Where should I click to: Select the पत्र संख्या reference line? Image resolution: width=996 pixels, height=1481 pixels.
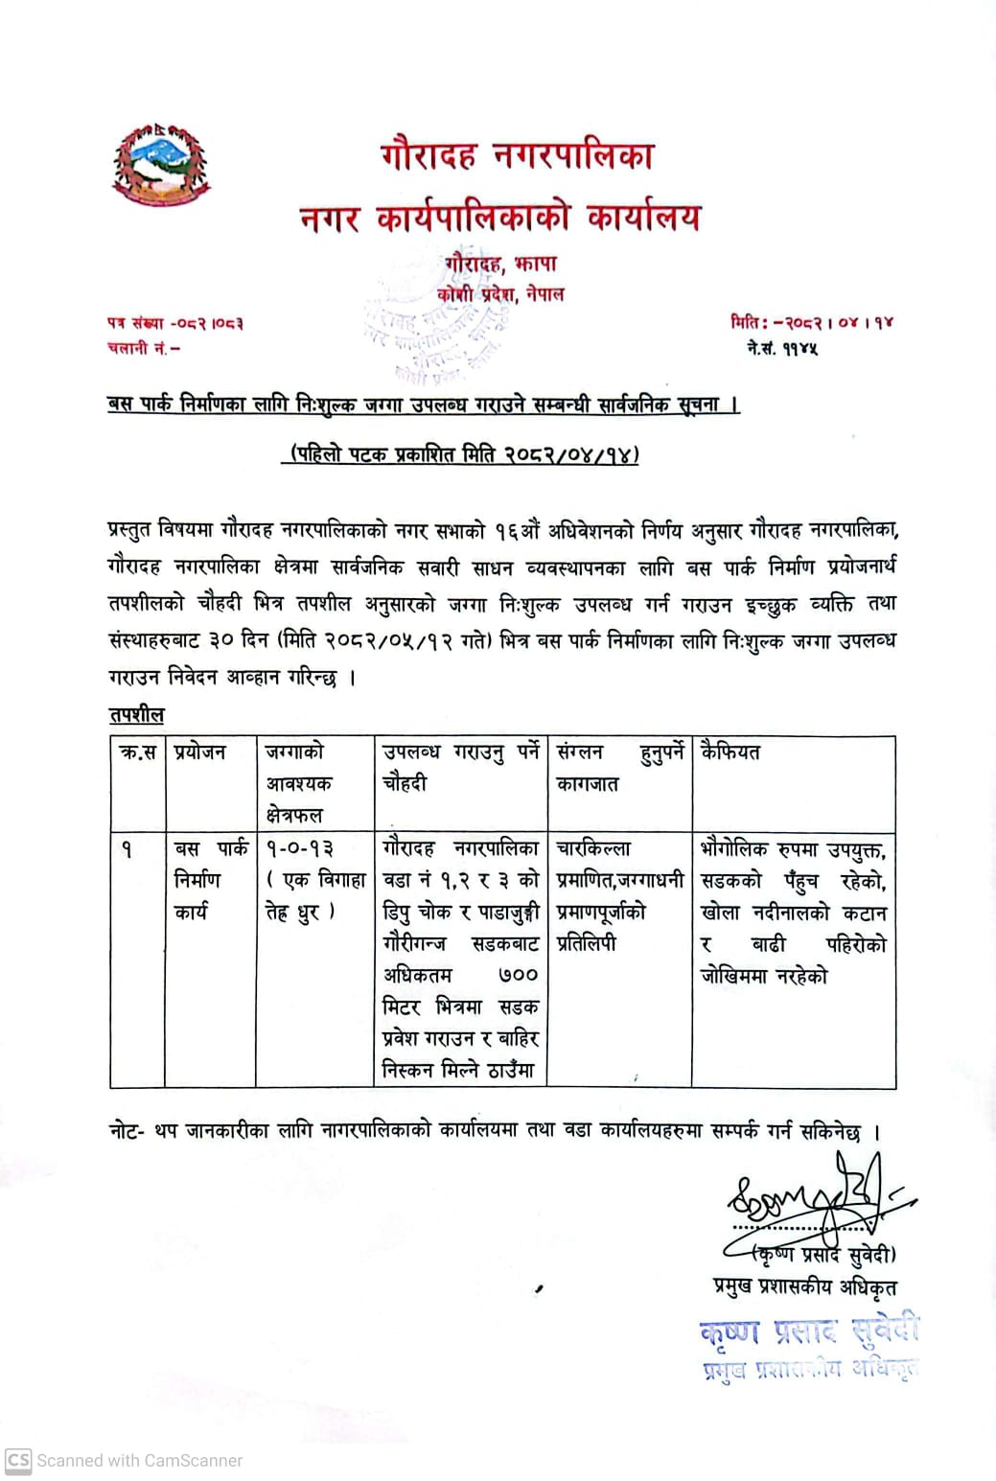[x=174, y=324]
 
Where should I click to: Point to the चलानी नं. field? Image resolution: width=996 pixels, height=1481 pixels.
[x=144, y=349]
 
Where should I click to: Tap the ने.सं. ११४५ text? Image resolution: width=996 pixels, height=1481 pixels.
[x=782, y=349]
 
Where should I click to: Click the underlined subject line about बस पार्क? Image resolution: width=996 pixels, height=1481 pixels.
[x=423, y=405]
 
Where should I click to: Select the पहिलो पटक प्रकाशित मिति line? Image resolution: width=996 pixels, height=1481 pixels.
[x=459, y=453]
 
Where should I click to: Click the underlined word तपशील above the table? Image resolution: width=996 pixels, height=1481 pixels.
[x=136, y=715]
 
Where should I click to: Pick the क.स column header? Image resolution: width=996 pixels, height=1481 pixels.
[x=137, y=753]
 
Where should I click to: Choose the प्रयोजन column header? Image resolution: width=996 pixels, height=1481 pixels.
[x=200, y=753]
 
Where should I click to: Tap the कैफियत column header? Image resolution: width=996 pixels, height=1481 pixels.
[x=730, y=753]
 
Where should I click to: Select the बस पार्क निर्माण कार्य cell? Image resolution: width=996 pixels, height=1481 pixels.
[x=210, y=880]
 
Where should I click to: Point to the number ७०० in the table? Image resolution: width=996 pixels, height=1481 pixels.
[x=518, y=976]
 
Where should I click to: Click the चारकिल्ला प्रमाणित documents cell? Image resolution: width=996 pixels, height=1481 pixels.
[x=617, y=895]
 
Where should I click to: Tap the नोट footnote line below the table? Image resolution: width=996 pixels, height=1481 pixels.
[x=494, y=1131]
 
